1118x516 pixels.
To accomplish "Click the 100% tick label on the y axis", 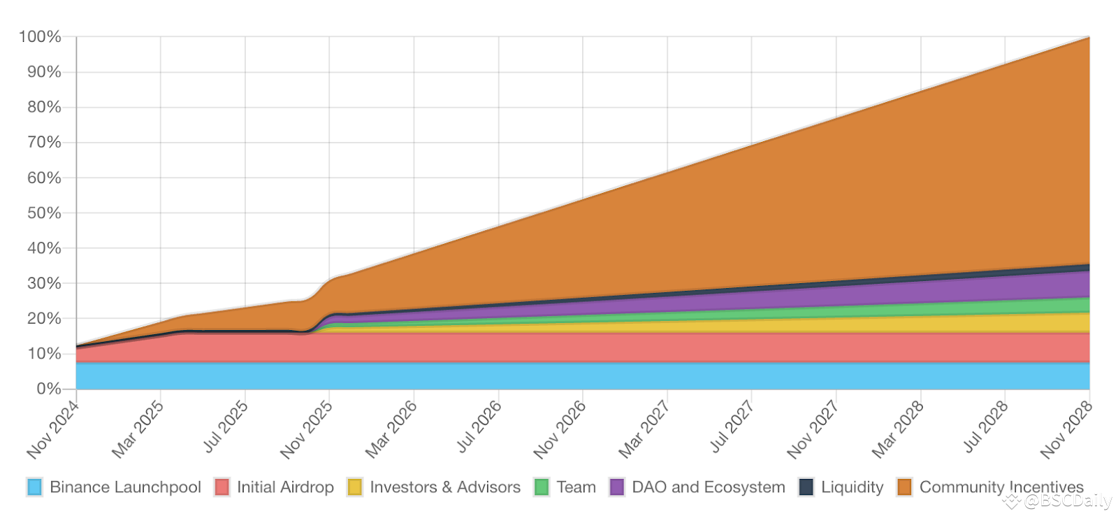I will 41,37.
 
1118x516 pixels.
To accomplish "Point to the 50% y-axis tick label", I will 44,213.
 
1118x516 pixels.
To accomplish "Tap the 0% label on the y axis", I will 49,389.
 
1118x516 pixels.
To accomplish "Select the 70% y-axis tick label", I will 44,143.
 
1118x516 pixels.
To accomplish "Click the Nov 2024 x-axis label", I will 53,430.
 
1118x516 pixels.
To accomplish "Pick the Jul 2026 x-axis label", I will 479,427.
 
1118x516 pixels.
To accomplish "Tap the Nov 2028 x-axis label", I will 1066,430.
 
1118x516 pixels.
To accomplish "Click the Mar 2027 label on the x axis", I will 644,429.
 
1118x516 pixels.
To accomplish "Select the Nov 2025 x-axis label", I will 306,430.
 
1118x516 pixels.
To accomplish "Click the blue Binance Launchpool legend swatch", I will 35,487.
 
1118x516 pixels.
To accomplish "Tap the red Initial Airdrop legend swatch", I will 222,487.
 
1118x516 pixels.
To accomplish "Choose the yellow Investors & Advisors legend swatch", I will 355,487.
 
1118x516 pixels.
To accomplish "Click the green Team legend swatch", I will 542,487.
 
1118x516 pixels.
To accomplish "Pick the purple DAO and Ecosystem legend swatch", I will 617,487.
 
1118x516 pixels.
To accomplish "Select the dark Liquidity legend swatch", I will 806,487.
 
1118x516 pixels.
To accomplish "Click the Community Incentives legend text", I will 1001,487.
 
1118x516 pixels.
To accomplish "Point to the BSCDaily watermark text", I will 1067,501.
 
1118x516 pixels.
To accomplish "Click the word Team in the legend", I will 576,487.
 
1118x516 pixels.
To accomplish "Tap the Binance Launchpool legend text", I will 126,487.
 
